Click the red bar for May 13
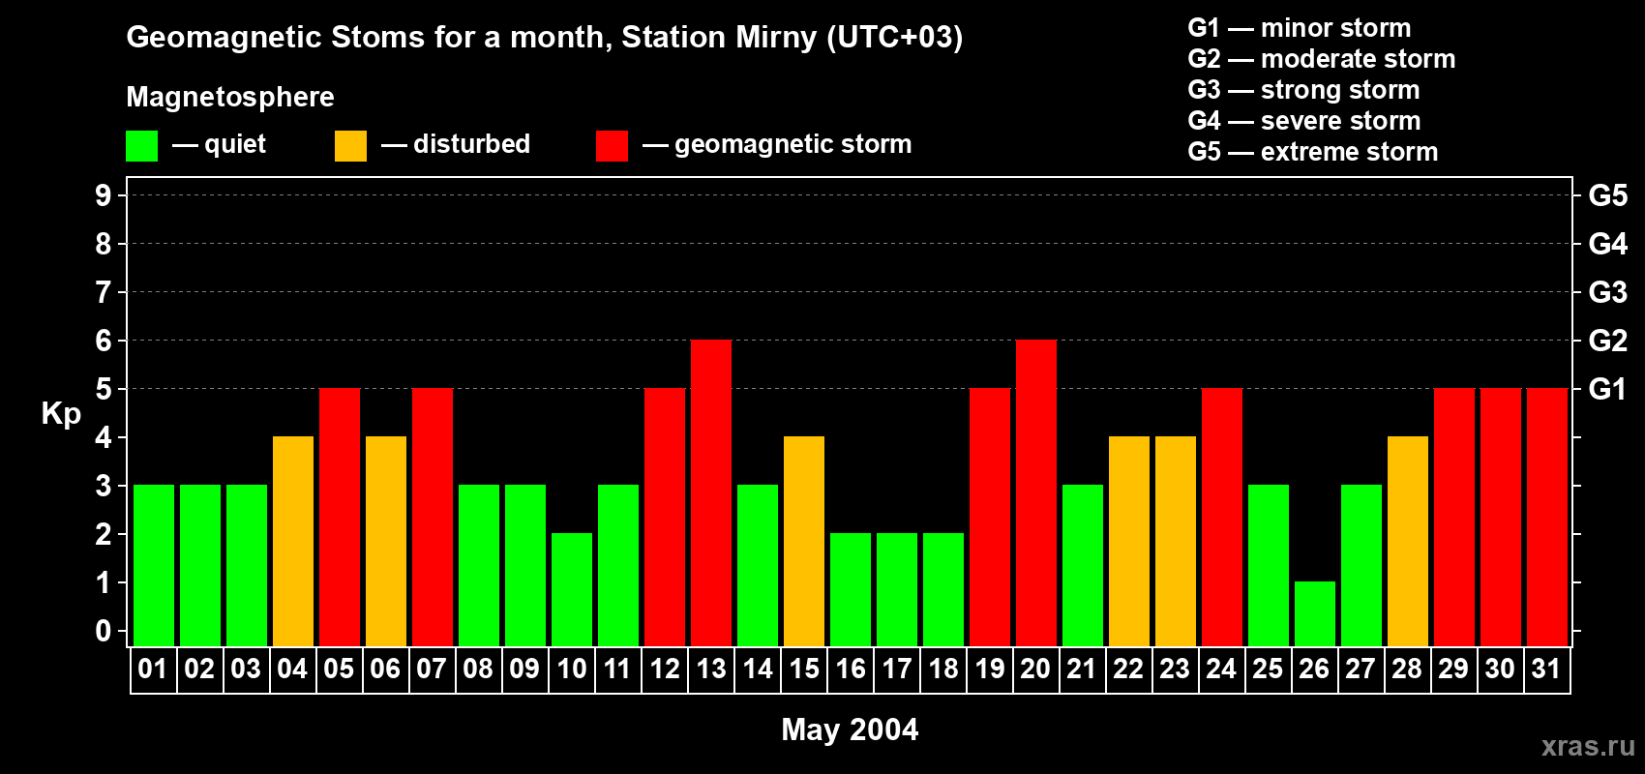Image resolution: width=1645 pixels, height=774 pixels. [x=711, y=492]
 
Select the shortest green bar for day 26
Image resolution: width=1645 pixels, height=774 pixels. [x=1315, y=613]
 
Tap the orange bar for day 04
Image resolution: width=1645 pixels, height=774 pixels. [x=293, y=541]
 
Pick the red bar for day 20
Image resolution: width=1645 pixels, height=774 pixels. [x=1036, y=492]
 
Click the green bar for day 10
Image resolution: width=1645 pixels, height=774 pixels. [x=572, y=589]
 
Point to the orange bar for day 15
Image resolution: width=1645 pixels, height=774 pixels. [x=804, y=541]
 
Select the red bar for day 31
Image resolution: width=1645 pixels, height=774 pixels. [x=1547, y=517]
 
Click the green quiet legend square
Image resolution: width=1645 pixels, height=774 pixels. [x=141, y=146]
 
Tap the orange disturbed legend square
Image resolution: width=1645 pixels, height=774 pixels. [x=350, y=146]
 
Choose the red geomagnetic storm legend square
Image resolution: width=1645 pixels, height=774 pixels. [x=612, y=146]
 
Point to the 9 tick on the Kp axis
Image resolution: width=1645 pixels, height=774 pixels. [x=104, y=195]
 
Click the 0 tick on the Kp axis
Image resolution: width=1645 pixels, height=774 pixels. [x=104, y=632]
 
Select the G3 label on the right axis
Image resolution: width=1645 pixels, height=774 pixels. [x=1607, y=292]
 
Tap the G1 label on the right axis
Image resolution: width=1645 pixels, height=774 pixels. [x=1607, y=389]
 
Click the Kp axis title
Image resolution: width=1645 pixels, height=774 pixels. [x=61, y=414]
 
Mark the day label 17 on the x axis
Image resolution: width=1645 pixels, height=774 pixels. [x=897, y=670]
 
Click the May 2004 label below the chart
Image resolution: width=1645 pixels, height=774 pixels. [x=850, y=729]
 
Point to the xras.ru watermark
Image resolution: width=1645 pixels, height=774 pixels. [x=1588, y=746]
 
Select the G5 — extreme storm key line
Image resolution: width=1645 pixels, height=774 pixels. [x=1312, y=152]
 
